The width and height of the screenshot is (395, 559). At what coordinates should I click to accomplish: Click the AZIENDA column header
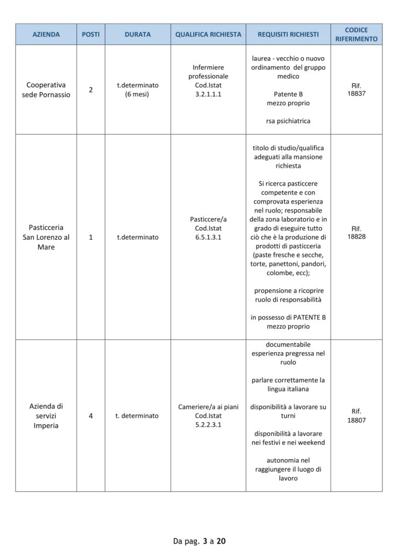click(46, 34)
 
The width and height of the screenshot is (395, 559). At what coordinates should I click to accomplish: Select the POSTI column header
click(91, 34)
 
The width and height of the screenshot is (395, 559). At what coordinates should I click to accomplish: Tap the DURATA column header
click(137, 34)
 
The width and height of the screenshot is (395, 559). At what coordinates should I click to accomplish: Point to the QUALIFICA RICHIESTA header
click(208, 34)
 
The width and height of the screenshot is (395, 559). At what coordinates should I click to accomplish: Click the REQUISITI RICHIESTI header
click(288, 34)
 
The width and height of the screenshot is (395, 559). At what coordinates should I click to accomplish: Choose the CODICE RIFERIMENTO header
click(356, 34)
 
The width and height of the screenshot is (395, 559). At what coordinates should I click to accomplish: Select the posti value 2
click(91, 90)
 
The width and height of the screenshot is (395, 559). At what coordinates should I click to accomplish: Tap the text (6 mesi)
click(137, 94)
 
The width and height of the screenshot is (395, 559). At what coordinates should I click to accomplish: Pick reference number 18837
click(356, 94)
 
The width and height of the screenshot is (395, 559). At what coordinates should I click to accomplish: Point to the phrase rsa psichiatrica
click(288, 121)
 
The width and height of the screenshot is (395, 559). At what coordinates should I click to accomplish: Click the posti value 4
click(91, 415)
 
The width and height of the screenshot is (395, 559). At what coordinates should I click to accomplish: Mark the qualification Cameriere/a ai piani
click(208, 407)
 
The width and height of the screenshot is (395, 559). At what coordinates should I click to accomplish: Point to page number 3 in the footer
click(205, 542)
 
